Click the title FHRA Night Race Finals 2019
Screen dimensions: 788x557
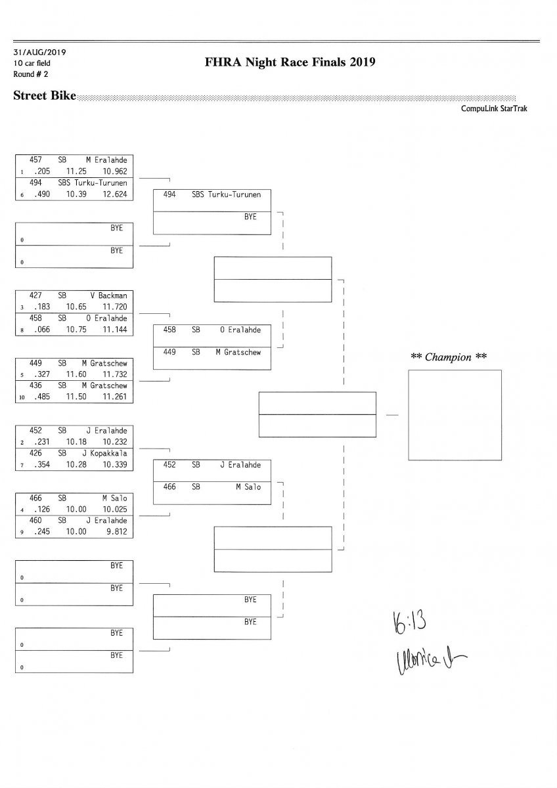pyautogui.click(x=290, y=62)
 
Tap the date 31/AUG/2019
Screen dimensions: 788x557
pyautogui.click(x=39, y=52)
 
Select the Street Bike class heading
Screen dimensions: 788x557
pyautogui.click(x=44, y=96)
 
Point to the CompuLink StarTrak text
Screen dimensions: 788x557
pyautogui.click(x=498, y=108)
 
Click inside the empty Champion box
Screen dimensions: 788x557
pyautogui.click(x=455, y=414)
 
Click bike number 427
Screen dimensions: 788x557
pyautogui.click(x=36, y=295)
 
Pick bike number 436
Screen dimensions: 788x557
pyautogui.click(x=37, y=385)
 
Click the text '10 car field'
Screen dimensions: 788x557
pyautogui.click(x=32, y=63)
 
